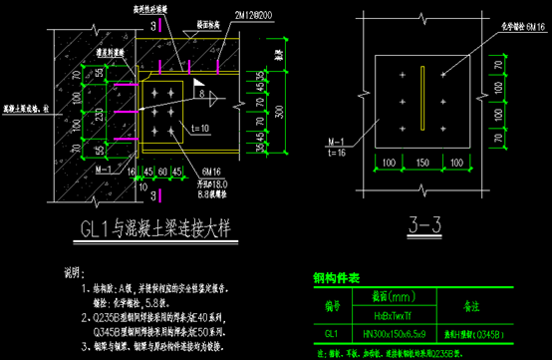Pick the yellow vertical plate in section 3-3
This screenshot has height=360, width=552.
click(423, 99)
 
